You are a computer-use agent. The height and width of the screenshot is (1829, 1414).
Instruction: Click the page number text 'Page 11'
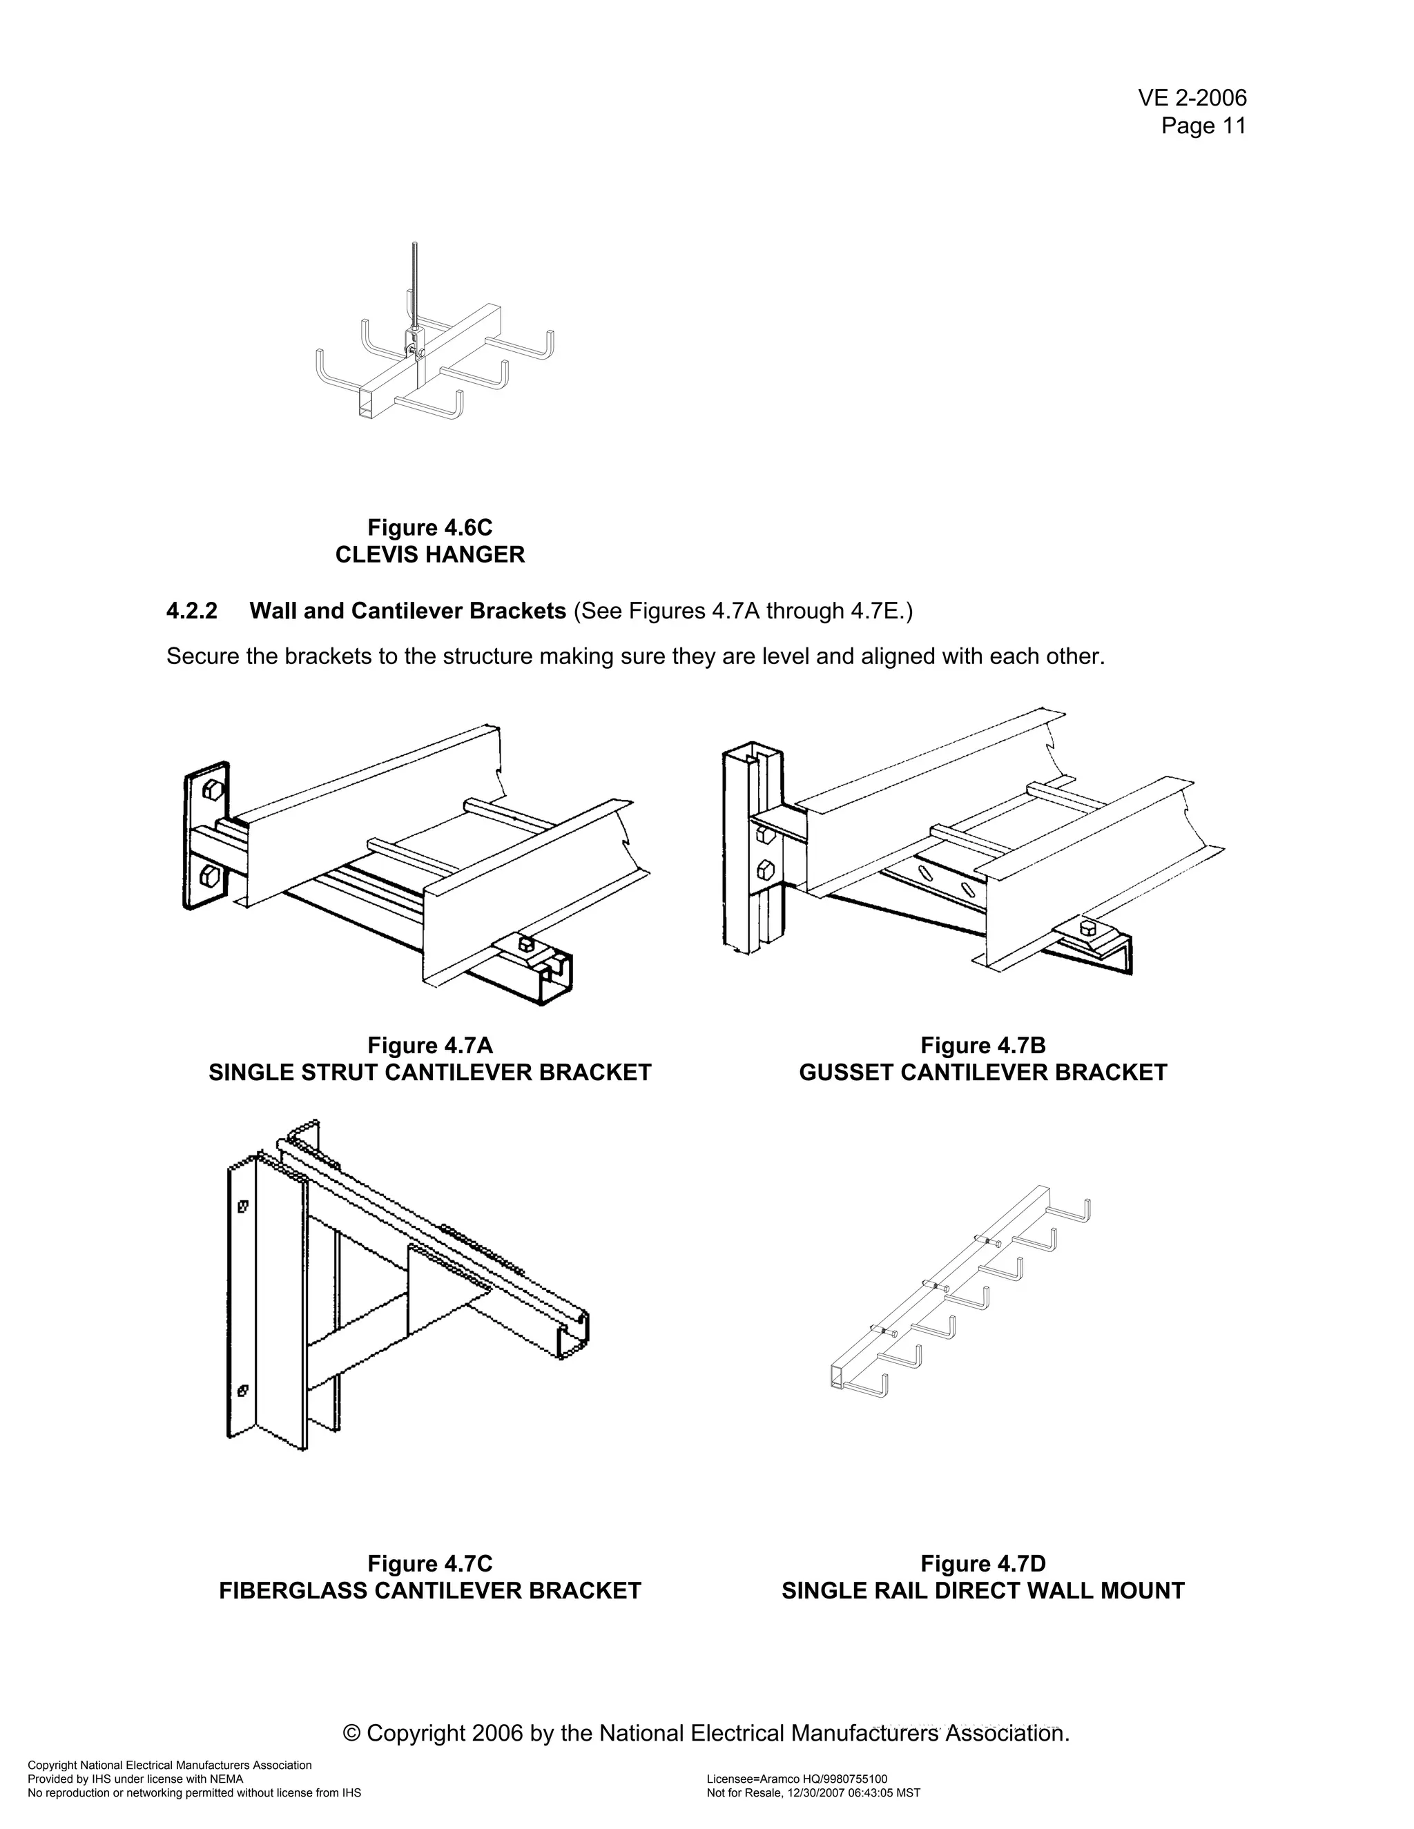tap(1203, 126)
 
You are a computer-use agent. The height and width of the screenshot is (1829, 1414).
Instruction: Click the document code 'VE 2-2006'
tap(1191, 98)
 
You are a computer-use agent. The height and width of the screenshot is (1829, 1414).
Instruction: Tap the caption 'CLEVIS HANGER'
tap(429, 554)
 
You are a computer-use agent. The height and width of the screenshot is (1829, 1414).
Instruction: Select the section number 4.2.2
tap(192, 612)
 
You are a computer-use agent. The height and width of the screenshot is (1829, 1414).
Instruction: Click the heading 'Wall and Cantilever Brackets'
tap(408, 612)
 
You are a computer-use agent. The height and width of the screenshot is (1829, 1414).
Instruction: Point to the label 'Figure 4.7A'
tap(429, 1045)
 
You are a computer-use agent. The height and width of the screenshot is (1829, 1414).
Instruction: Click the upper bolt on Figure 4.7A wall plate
tap(212, 790)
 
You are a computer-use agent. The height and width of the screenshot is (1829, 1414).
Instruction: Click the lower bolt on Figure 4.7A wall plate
tap(211, 877)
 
